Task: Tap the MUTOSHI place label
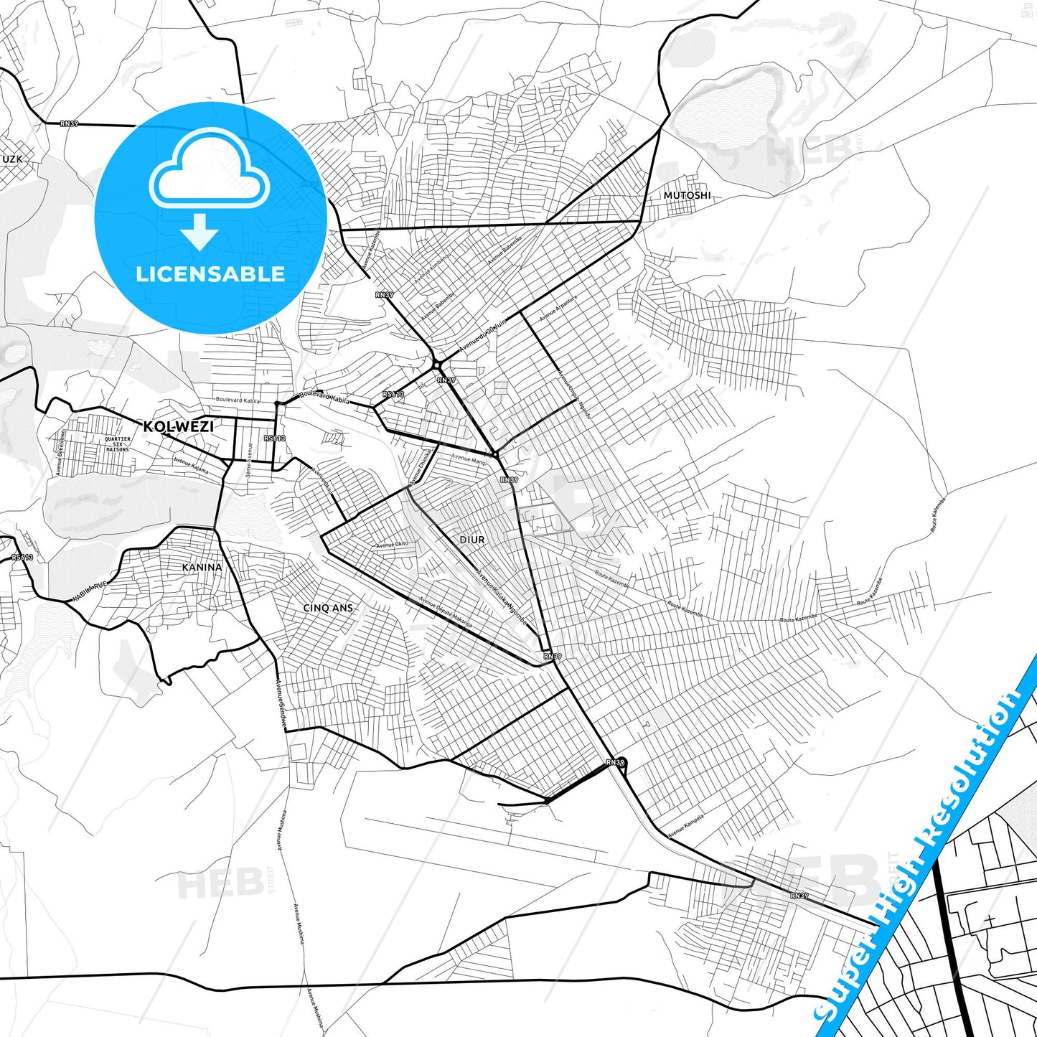(x=687, y=195)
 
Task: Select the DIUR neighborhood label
(x=472, y=540)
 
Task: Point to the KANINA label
(x=202, y=567)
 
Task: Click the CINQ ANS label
(x=328, y=608)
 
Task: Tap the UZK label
(x=12, y=159)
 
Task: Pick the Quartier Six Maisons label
(x=118, y=444)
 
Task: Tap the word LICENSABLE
(x=210, y=273)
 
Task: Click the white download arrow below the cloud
(x=200, y=231)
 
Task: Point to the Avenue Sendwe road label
(x=281, y=703)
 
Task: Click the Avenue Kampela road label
(x=685, y=826)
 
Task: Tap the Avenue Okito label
(x=392, y=545)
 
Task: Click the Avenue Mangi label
(x=469, y=459)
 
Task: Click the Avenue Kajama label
(x=190, y=466)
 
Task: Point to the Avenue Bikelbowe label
(x=61, y=452)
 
